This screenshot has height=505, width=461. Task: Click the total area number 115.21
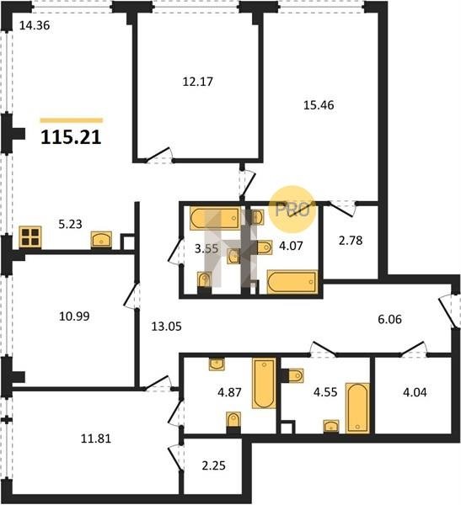(x=71, y=137)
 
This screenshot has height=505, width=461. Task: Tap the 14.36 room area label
(x=35, y=25)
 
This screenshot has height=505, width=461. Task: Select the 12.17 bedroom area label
(x=198, y=82)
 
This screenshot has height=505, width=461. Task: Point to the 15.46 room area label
(x=319, y=105)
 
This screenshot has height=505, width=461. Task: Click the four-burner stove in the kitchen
(x=30, y=237)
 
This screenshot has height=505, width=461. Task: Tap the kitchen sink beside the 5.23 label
(x=101, y=240)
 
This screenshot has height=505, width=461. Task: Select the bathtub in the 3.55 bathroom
(x=215, y=219)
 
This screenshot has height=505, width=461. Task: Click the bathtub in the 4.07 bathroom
(x=292, y=282)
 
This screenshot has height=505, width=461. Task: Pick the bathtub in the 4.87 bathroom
(x=265, y=383)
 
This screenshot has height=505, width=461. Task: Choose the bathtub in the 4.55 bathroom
(x=357, y=408)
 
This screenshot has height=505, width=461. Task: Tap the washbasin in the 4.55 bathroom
(x=331, y=426)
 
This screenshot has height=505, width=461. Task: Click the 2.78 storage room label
(x=351, y=240)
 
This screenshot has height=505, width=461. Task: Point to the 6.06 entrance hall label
(x=389, y=319)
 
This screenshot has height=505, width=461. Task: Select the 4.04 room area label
(x=415, y=392)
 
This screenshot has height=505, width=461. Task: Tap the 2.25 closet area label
(x=213, y=465)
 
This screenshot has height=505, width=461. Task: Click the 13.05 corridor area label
(x=167, y=327)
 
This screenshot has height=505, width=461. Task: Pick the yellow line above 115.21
(x=72, y=120)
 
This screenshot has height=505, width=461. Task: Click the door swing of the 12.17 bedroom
(x=158, y=154)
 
